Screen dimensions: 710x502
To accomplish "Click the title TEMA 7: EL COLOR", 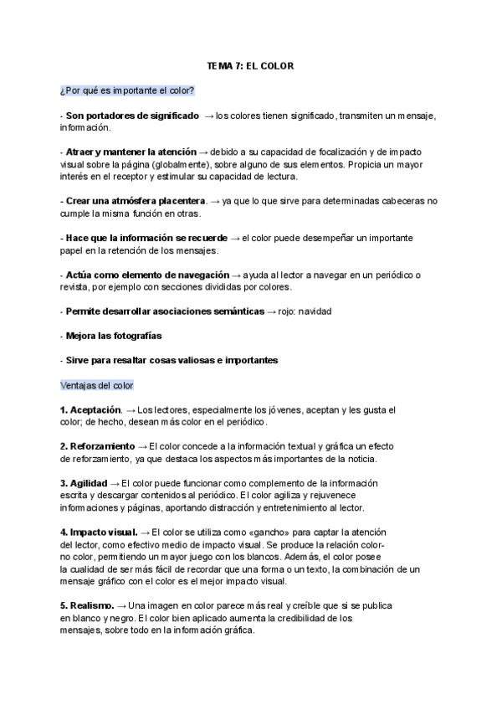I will click(250, 65).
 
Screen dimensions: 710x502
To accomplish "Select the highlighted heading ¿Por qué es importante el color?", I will click(126, 90).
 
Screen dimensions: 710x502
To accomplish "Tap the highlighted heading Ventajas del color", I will click(96, 385).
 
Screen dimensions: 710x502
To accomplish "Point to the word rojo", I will click(279, 311).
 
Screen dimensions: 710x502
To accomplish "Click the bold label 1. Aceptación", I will click(90, 410).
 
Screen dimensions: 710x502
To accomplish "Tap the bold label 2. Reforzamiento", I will click(97, 447).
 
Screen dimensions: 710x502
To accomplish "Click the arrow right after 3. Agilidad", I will click(114, 483).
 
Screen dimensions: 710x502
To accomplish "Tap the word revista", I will click(74, 287).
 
